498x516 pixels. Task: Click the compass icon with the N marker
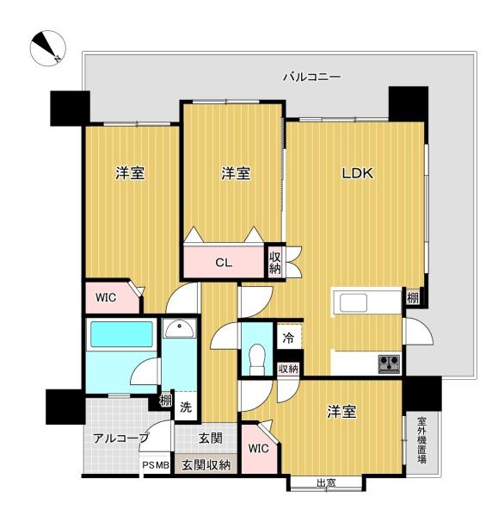(48, 48)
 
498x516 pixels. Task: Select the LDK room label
(358, 173)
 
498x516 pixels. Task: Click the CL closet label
(224, 263)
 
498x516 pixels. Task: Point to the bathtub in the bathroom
(121, 334)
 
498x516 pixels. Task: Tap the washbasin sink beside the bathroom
(180, 329)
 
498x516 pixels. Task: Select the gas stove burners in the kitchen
(390, 364)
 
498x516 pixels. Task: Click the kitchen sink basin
(354, 302)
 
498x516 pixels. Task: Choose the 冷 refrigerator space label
(288, 338)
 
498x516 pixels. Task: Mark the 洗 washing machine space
(186, 407)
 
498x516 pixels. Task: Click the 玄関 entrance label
(211, 438)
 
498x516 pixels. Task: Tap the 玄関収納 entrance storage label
(206, 465)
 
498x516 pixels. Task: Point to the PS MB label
(156, 465)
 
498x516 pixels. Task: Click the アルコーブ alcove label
(120, 438)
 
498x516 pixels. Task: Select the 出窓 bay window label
(326, 483)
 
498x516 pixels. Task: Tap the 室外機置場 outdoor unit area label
(422, 440)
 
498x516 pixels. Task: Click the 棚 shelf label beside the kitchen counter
(413, 298)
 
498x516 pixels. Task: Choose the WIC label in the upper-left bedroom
(106, 297)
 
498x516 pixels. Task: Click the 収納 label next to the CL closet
(275, 263)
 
